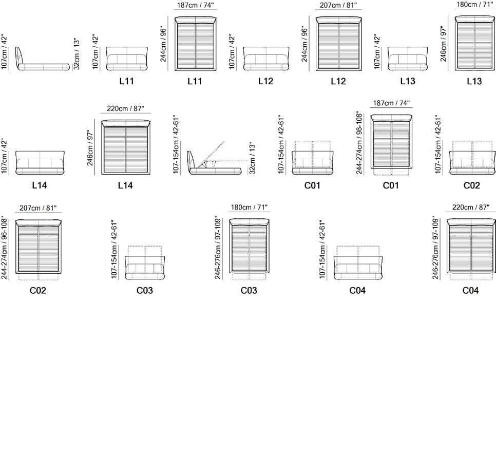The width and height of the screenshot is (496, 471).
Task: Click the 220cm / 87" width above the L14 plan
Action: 125,108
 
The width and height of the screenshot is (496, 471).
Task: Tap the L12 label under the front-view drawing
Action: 266,81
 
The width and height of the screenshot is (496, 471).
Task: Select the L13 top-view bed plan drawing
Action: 475,43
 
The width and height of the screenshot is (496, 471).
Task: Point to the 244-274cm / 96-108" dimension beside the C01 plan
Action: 359,143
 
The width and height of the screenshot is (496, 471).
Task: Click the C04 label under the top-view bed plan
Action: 470,290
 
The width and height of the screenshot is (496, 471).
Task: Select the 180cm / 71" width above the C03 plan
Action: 249,208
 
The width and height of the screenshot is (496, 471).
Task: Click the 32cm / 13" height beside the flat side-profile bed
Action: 76,54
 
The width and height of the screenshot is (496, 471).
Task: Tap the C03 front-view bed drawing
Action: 145,262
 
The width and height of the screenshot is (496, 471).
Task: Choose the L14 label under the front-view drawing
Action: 40,185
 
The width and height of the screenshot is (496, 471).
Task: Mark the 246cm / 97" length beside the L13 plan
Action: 443,44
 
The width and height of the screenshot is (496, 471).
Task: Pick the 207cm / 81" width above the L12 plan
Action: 338,5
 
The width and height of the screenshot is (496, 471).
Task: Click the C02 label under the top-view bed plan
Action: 38,290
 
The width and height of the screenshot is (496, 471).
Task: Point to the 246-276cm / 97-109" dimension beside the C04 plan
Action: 435,248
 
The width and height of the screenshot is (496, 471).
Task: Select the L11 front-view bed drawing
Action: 127,59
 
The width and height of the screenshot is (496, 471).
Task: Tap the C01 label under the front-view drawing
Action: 313,185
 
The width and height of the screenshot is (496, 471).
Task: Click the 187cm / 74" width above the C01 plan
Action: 391,103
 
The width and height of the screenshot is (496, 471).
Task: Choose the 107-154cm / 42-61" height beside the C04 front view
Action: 322,250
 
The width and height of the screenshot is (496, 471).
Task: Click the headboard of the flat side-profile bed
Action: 19,55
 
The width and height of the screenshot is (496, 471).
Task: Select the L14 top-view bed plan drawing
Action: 126,147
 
